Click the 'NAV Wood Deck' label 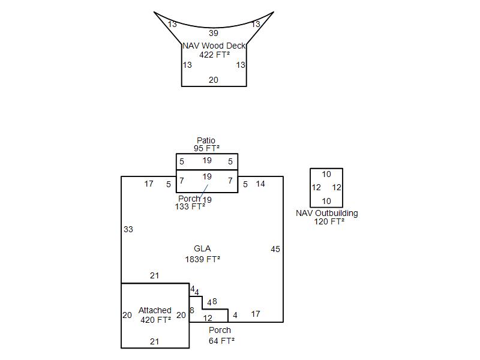tap(214, 46)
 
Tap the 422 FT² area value tap(214, 55)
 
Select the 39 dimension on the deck tap(214, 33)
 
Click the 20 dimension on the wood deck tap(214, 80)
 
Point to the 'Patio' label tap(206, 140)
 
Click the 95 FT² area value tap(206, 148)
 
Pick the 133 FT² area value tap(190, 206)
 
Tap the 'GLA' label tap(202, 248)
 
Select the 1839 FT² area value tap(202, 259)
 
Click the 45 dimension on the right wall tap(275, 249)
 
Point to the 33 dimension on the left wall tap(128, 229)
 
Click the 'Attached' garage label tap(155, 310)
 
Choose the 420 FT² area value tap(155, 320)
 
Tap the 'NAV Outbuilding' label tap(327, 213)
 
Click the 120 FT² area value tap(329, 221)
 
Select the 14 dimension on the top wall tap(260, 184)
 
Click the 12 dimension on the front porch tap(208, 318)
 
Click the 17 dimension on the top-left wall tap(149, 184)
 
